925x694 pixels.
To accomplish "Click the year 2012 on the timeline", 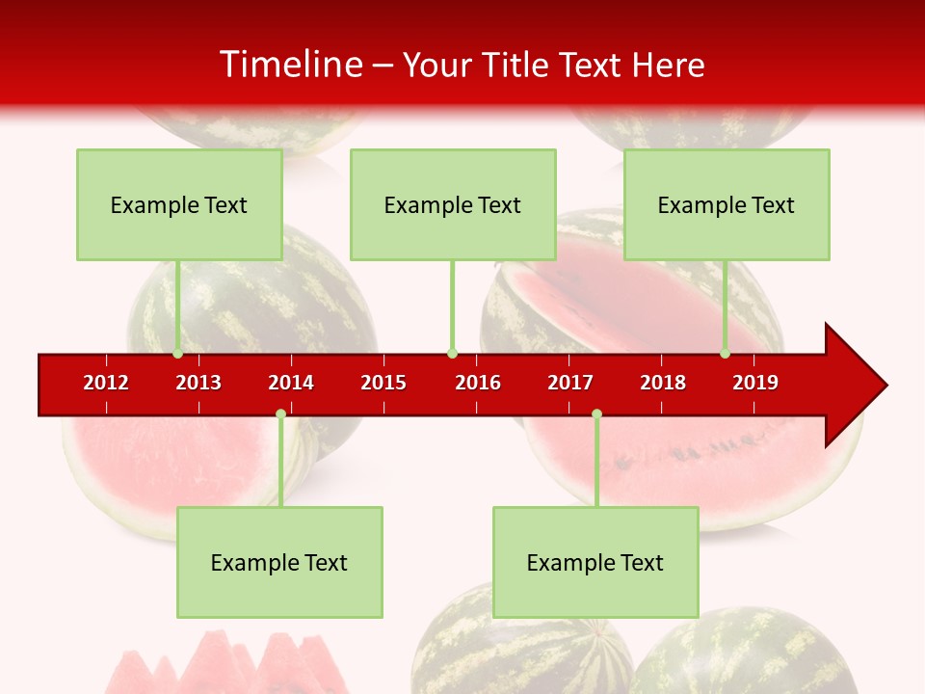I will [106, 383].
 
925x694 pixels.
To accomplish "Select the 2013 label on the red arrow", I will [198, 383].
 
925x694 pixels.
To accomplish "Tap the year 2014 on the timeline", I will [291, 383].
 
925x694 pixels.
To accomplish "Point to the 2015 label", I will [383, 383].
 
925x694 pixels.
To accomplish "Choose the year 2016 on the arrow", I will [478, 383].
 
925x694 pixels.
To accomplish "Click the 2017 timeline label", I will [570, 383].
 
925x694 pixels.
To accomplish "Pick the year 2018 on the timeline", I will [663, 383].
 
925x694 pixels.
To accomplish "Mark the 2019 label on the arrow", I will [755, 383].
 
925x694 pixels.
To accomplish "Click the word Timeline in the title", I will [288, 65].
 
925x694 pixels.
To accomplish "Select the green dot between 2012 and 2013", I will [177, 354].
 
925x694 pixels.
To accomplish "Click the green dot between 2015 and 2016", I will [452, 354].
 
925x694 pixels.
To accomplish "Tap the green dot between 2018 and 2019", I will [725, 354].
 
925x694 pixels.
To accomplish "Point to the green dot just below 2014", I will [280, 414].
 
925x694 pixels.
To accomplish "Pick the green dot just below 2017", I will [596, 414].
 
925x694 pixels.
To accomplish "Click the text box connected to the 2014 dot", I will [279, 562].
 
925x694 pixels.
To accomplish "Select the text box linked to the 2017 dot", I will [595, 562].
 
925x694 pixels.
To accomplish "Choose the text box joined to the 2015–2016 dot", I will [453, 204].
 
